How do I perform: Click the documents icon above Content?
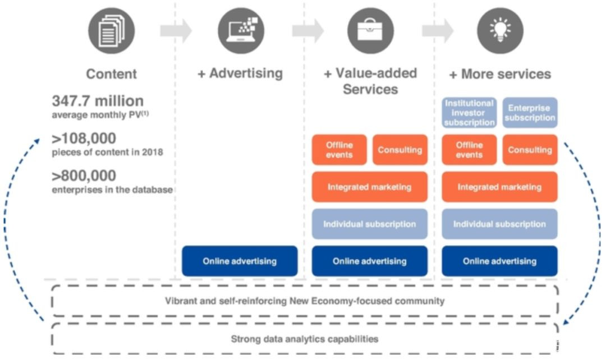tap(111, 31)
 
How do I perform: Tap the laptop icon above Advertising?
tap(241, 31)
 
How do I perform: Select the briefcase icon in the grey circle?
tap(371, 31)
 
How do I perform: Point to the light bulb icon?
tap(500, 31)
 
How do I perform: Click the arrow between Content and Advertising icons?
tap(176, 30)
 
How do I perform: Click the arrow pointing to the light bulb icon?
tap(438, 30)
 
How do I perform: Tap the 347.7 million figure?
tap(98, 101)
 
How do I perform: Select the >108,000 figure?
tap(84, 139)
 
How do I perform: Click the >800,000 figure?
tap(84, 176)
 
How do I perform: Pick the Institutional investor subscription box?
tap(469, 113)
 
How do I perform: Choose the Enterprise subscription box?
tap(530, 113)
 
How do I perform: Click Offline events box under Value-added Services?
tap(339, 150)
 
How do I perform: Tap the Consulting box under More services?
tap(530, 150)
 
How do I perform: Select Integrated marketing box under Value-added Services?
tap(370, 187)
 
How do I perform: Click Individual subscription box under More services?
tap(500, 224)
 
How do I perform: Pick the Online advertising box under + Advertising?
tap(240, 261)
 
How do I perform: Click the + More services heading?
tap(500, 74)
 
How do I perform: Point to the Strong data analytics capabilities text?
tap(305, 339)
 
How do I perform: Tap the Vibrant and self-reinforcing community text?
tap(305, 301)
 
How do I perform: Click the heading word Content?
tap(111, 74)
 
